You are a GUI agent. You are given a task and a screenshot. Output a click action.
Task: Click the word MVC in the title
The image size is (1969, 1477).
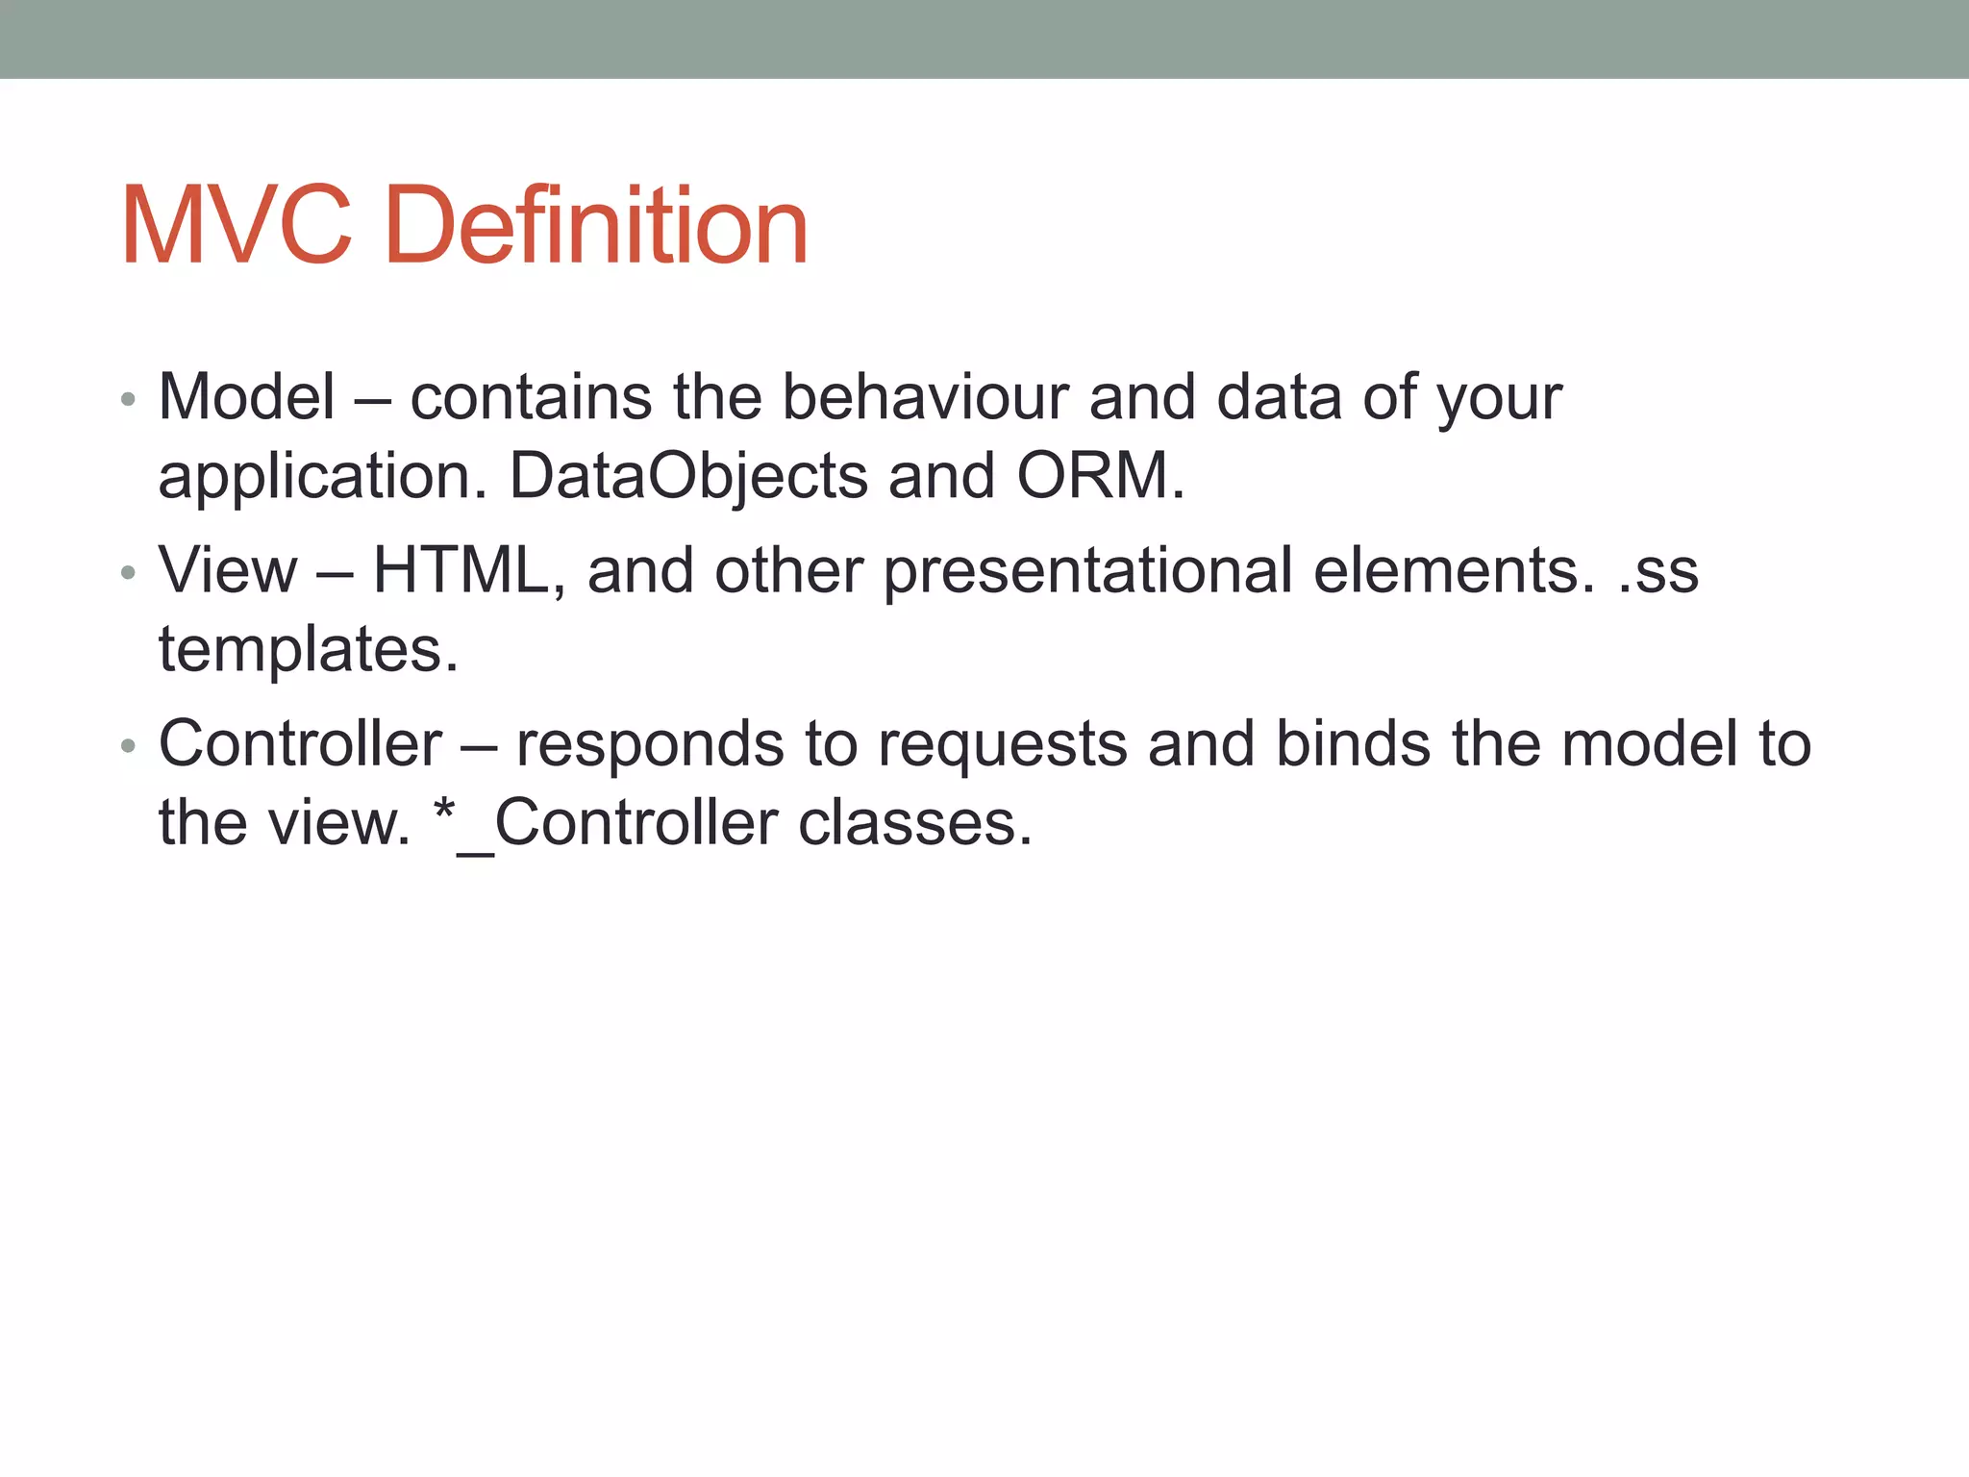pyautogui.click(x=237, y=226)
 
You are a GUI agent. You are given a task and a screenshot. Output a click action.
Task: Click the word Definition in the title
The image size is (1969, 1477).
pyautogui.click(x=596, y=226)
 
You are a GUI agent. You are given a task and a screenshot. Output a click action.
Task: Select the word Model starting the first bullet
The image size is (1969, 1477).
pyautogui.click(x=247, y=396)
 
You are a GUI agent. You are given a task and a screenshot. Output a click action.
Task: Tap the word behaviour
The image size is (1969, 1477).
pyautogui.click(x=925, y=396)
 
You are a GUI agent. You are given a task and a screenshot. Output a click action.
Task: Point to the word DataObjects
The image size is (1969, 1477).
pyautogui.click(x=688, y=476)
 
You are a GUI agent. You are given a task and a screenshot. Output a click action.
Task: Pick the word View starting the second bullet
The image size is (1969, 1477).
pyautogui.click(x=228, y=570)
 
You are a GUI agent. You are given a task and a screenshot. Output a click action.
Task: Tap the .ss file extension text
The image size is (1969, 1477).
pyautogui.click(x=1657, y=570)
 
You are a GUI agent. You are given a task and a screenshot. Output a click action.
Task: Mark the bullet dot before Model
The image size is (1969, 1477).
pyautogui.click(x=128, y=399)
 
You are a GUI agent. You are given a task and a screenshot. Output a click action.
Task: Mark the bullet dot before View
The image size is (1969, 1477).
pyautogui.click(x=128, y=573)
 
